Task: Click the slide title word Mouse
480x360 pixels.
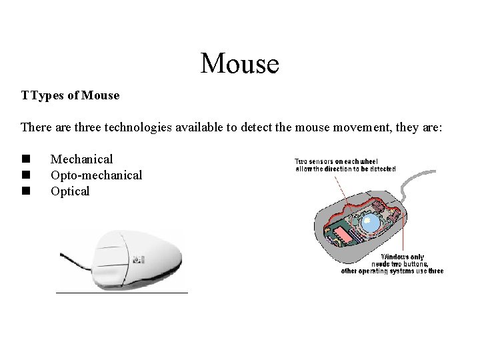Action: point(239,63)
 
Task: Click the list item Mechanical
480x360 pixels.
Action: point(81,159)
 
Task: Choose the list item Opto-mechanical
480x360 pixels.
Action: point(96,175)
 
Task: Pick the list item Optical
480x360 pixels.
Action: point(69,191)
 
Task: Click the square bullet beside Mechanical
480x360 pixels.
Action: point(25,159)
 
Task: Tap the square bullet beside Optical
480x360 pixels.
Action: point(25,191)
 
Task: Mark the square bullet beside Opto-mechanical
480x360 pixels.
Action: point(25,175)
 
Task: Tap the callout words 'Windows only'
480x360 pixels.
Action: point(402,257)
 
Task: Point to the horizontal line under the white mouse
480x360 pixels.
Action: point(122,292)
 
